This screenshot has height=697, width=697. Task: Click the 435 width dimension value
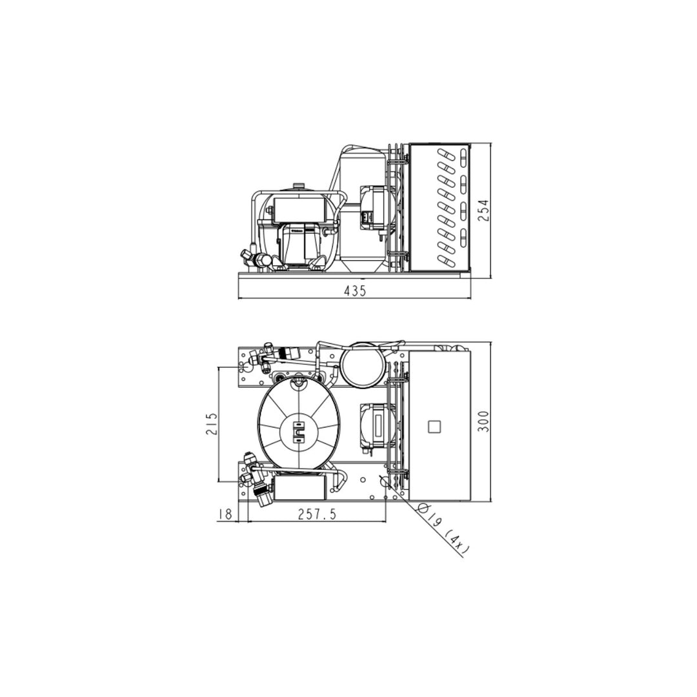pos(355,290)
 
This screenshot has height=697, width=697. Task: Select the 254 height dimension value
pos(483,210)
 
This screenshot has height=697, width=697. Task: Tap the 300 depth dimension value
pos(483,421)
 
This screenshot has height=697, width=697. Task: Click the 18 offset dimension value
pos(226,514)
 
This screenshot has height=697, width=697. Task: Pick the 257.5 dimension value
pos(316,514)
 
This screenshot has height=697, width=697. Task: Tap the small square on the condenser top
pos(434,427)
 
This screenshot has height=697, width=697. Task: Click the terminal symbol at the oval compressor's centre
pos(298,430)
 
